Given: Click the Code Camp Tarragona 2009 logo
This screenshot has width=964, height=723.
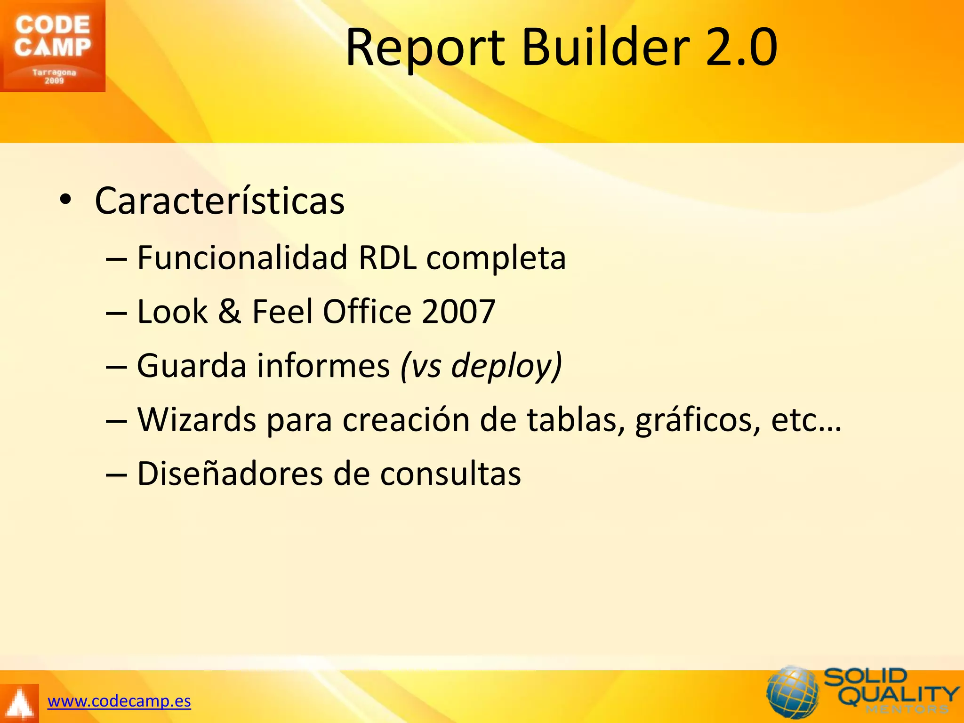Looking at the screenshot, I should (52, 46).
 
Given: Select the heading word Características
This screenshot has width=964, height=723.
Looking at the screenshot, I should (220, 201).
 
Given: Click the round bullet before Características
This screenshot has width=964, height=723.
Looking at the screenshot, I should (65, 201).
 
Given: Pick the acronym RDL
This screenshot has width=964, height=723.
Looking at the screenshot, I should (387, 258).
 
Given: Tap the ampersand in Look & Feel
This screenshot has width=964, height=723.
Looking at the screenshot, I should (229, 312).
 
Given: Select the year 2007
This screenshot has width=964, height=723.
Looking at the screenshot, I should (458, 312).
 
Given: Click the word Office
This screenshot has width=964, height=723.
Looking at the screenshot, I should (367, 312).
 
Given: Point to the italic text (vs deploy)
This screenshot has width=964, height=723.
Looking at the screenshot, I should (481, 366).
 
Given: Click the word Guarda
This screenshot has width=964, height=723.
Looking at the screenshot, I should (192, 366).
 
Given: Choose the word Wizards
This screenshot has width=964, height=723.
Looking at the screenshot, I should (196, 419).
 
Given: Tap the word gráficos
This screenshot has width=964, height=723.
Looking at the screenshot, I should (698, 420).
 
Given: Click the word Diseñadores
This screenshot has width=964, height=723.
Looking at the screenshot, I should (230, 474).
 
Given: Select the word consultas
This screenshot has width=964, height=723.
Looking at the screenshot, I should (450, 474).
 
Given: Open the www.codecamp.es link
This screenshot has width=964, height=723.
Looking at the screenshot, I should (119, 701).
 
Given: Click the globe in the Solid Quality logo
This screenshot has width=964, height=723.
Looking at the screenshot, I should (793, 692).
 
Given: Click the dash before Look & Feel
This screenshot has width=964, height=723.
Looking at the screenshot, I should (116, 313).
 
